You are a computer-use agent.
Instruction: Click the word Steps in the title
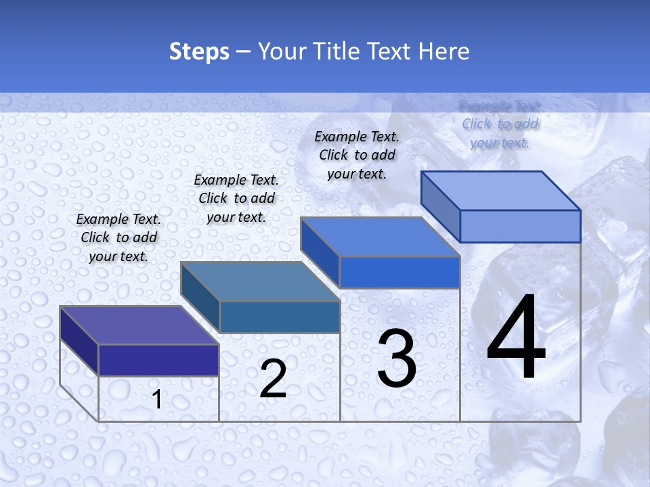(199, 51)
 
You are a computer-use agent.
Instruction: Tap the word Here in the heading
(444, 51)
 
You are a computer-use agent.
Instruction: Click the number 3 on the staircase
(397, 358)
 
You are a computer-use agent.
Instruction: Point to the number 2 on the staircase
(273, 379)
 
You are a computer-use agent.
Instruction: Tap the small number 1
(157, 400)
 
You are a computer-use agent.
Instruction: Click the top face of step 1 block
(139, 325)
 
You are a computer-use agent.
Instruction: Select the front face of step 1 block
(158, 360)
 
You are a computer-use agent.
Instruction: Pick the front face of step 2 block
(280, 317)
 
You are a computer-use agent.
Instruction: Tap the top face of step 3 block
(380, 237)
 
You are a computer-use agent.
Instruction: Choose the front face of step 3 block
(399, 272)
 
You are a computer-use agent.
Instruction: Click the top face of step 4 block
(500, 191)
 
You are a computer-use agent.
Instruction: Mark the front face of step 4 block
(520, 226)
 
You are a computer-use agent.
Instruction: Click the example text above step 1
(118, 237)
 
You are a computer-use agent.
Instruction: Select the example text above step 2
(236, 198)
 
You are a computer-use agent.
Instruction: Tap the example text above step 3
(357, 155)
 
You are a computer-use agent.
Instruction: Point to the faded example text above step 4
(500, 124)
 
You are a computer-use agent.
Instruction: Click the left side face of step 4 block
(440, 206)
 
